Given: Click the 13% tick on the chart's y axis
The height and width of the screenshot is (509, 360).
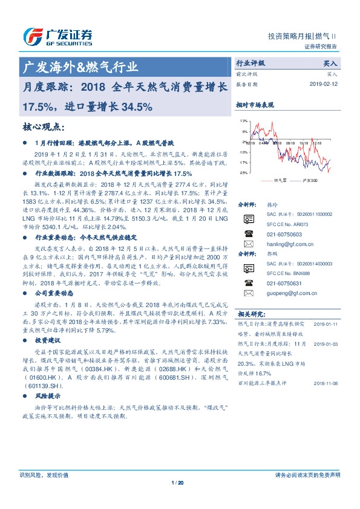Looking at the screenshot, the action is coord(244,122).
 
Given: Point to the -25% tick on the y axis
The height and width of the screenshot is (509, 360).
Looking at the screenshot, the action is coord(243,173).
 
